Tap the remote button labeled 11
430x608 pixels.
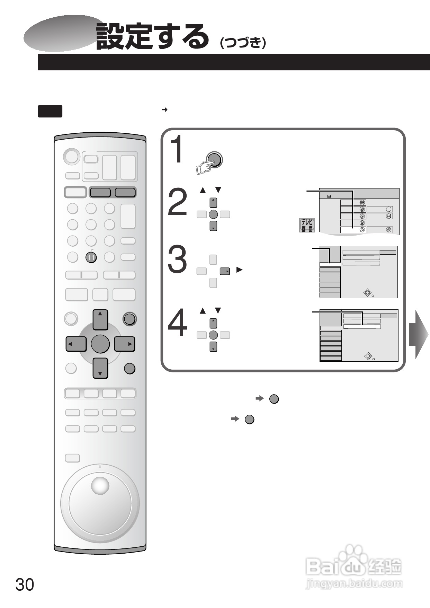point(91,257)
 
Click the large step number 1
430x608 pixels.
point(178,150)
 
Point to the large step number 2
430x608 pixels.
point(177,203)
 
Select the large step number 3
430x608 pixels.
point(177,261)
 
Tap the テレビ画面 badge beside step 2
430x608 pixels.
point(307,225)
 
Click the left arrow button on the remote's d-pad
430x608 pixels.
point(76,344)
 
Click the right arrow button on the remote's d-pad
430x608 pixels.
point(125,344)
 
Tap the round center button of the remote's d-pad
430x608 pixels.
point(100,344)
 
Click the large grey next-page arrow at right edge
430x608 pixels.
point(418,334)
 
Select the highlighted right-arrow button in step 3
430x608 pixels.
point(225,271)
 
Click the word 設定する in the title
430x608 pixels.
point(152,36)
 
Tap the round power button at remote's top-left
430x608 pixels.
point(71,156)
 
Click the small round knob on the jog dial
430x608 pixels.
point(100,486)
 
